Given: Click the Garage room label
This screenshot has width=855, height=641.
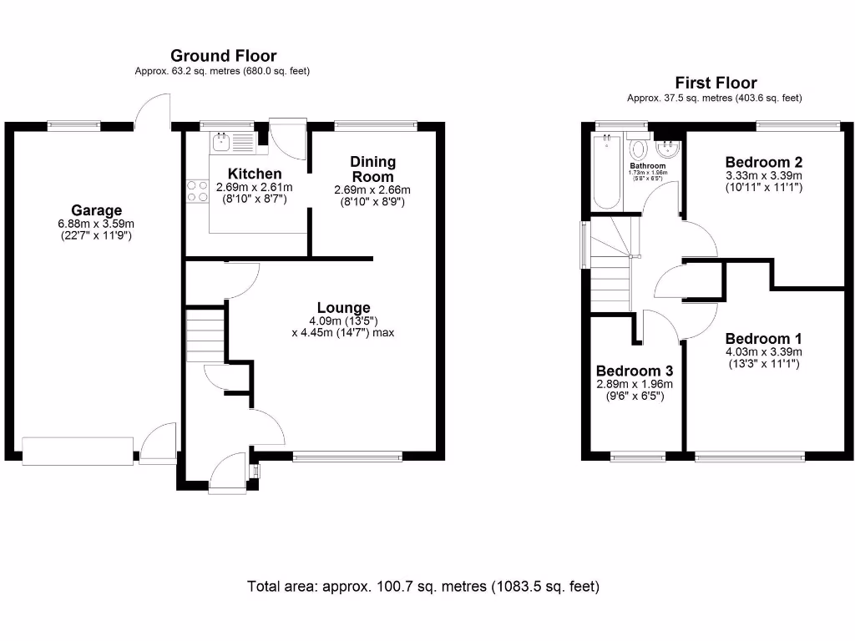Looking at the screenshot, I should tap(96, 210).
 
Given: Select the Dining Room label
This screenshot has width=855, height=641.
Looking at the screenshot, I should tap(372, 169).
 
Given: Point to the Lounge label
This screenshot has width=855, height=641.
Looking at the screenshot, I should tap(343, 308).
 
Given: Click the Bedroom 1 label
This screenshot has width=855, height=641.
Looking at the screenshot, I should tap(763, 338).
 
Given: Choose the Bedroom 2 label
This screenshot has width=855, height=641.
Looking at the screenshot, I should tap(763, 161).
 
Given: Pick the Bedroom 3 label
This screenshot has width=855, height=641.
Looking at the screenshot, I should tap(634, 371).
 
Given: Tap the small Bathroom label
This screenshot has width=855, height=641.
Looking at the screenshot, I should tap(648, 166).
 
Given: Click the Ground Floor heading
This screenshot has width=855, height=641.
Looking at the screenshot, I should tap(223, 56).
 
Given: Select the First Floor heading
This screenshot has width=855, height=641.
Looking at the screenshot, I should tap(716, 83).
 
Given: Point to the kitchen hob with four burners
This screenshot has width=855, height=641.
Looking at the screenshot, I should tap(198, 191).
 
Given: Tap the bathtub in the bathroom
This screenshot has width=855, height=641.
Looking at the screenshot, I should tap(606, 171).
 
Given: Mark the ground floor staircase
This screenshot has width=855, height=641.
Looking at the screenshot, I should tap(205, 334).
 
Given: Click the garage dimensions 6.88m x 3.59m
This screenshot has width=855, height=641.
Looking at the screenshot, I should tap(96, 224).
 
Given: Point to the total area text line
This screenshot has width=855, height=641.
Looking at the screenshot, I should tap(423, 586).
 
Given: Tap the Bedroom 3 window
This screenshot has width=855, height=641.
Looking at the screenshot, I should tap(638, 456).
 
